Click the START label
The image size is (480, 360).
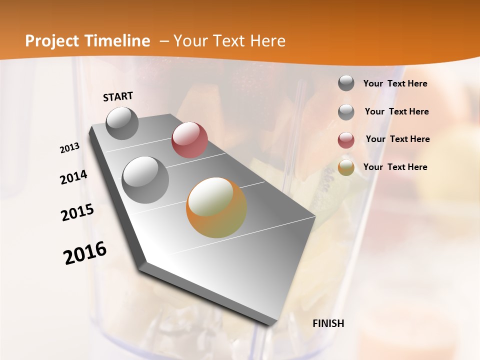click(x=118, y=96)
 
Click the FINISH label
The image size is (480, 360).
click(x=328, y=323)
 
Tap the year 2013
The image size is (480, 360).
click(x=69, y=148)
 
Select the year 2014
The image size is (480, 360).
click(x=73, y=177)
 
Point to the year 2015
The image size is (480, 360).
click(x=77, y=212)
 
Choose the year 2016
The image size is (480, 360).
click(x=85, y=253)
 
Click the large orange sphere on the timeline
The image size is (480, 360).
click(x=216, y=207)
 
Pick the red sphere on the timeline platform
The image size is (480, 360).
click(x=189, y=140)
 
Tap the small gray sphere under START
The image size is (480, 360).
click(x=122, y=123)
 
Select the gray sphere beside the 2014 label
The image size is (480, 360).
click(x=145, y=180)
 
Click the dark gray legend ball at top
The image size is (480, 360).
click(x=346, y=83)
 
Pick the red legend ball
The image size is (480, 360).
click(x=346, y=140)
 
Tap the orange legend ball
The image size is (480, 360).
click(x=346, y=167)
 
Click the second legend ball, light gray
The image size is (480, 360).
click(x=346, y=111)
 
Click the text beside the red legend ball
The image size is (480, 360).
click(x=397, y=139)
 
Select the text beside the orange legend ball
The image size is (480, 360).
click(x=395, y=167)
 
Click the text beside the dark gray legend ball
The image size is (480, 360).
click(x=395, y=83)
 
